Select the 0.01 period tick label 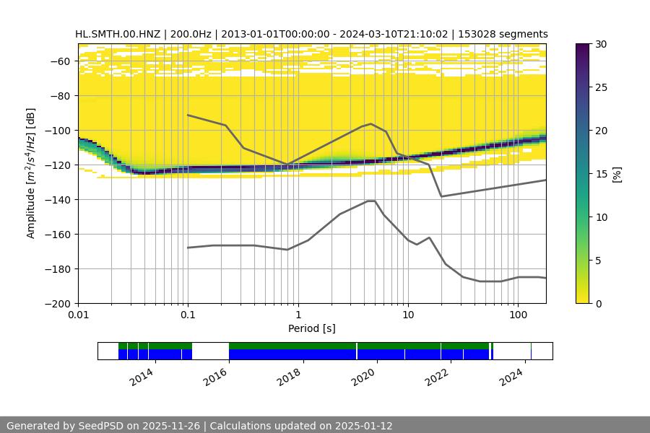[x=78, y=315]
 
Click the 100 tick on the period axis [x=517, y=315]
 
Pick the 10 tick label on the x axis [x=407, y=315]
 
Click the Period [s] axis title [x=312, y=328]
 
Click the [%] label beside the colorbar [x=617, y=174]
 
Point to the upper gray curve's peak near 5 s [x=371, y=124]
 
